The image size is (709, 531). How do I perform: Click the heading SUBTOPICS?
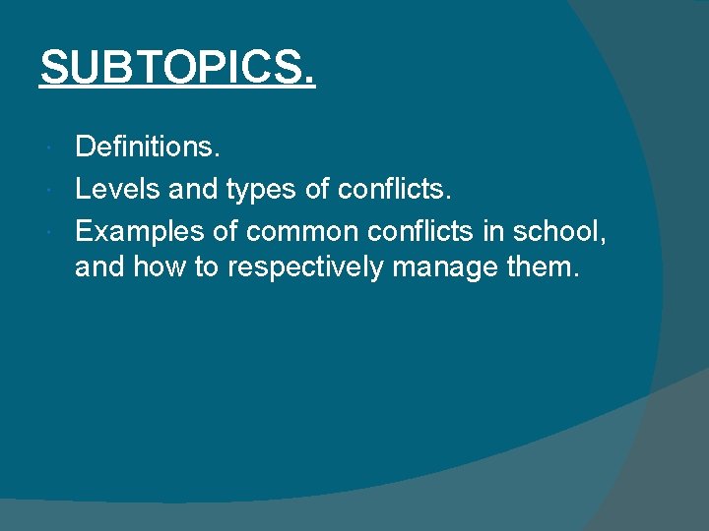point(177,68)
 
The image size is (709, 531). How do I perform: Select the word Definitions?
point(149,148)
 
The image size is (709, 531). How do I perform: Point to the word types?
point(263,190)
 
